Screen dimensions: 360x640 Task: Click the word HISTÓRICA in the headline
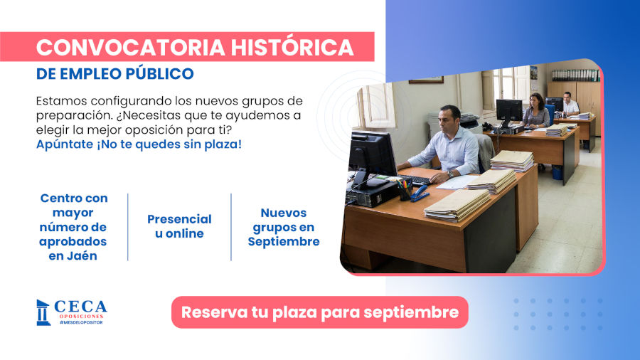(292, 47)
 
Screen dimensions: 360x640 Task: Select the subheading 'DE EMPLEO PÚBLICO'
(114, 73)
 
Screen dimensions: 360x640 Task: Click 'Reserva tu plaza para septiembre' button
(319, 312)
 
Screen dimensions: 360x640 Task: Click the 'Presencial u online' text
(179, 226)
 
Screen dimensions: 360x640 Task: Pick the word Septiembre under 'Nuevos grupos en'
(283, 241)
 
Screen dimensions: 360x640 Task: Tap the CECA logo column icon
(43, 312)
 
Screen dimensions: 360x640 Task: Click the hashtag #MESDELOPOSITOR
(80, 322)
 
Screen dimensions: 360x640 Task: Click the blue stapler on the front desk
(420, 193)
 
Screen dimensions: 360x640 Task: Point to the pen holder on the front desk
(404, 190)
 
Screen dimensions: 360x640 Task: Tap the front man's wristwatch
(450, 173)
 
